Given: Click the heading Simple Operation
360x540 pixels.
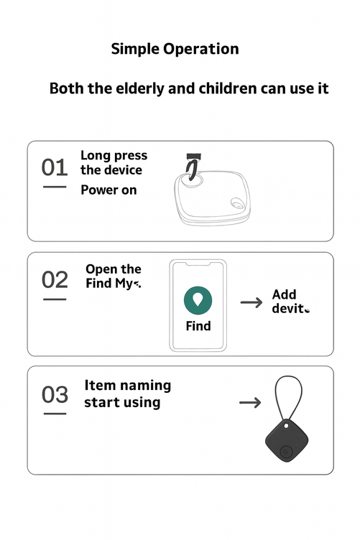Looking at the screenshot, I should pos(175,50).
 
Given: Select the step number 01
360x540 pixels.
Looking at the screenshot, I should pos(55,168).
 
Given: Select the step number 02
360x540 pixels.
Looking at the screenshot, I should pos(55,280).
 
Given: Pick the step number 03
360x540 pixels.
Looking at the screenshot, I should pos(55,395).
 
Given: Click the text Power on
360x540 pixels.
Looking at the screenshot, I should pos(109,190).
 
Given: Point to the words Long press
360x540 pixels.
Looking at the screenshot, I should pos(114,155).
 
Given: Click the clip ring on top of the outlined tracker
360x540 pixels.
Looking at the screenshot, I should pos(192,169).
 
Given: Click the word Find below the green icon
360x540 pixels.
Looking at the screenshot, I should pos(198,326).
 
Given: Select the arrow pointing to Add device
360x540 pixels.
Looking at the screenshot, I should pos(251,302).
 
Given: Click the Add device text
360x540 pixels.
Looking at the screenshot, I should pos(289,302).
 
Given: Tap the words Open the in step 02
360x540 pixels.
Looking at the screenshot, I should pos(114,269).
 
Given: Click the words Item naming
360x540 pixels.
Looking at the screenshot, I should pos(128,386).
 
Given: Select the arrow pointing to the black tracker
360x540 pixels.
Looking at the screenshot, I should pos(250,402).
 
